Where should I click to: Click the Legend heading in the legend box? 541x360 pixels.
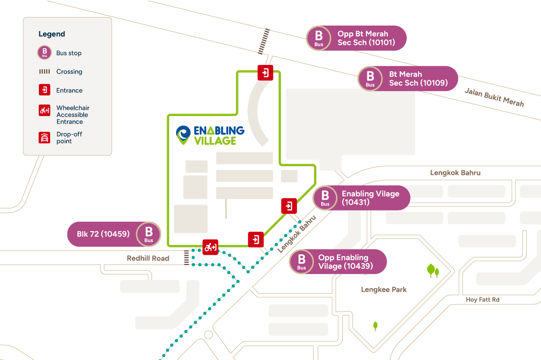(52, 34)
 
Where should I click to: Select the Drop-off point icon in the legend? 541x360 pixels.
(45, 137)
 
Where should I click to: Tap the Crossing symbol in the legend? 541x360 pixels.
(45, 71)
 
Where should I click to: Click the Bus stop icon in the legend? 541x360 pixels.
(45, 53)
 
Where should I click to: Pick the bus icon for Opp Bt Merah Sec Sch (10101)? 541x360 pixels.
(319, 38)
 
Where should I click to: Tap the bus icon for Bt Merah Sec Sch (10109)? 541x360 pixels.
(370, 78)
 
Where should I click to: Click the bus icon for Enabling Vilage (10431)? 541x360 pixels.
(325, 198)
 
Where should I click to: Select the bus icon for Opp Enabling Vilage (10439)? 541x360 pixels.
(301, 261)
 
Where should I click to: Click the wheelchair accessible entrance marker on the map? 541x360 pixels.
(210, 247)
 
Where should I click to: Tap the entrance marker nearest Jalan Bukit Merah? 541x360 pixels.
(265, 73)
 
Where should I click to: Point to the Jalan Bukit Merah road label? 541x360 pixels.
(494, 97)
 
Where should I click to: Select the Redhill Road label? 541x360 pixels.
(148, 258)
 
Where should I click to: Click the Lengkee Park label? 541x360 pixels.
(384, 290)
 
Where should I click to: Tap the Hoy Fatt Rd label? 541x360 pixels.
(482, 300)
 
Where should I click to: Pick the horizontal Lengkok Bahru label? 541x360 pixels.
(455, 173)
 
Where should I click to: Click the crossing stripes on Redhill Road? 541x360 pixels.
(186, 257)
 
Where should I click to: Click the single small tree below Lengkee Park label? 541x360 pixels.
(376, 326)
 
